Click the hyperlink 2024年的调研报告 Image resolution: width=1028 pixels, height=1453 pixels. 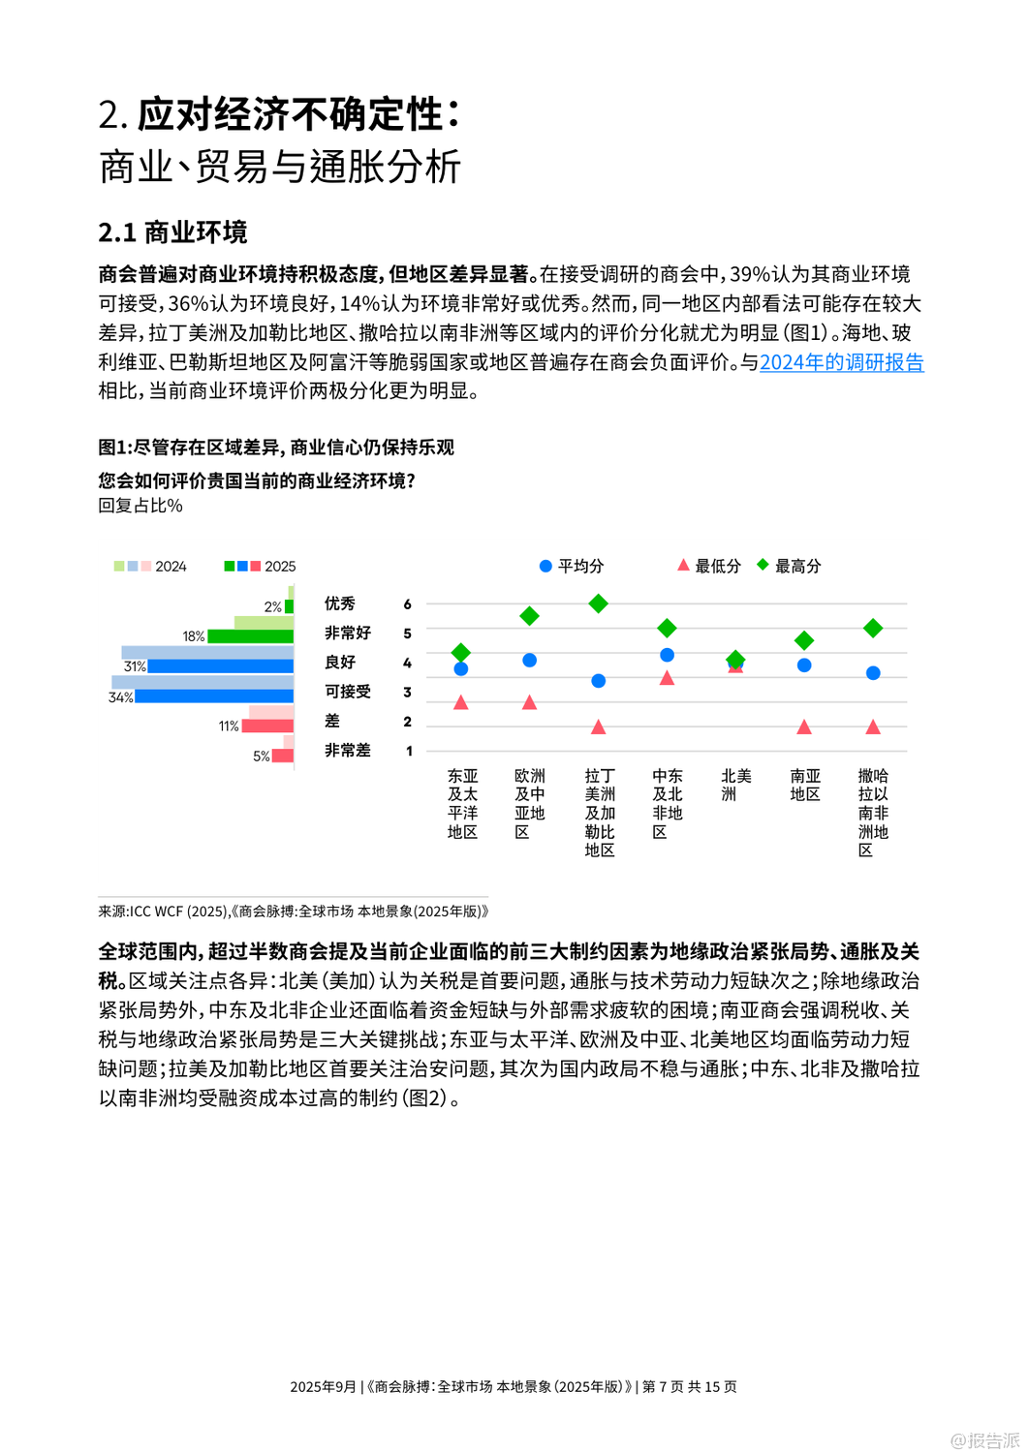[841, 362]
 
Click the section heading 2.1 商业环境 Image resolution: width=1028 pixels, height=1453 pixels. [172, 232]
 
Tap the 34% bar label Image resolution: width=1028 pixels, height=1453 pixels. [120, 697]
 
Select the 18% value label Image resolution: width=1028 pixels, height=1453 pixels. [194, 636]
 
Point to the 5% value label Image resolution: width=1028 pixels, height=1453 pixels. [262, 757]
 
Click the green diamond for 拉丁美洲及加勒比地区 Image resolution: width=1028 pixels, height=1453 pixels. [599, 603]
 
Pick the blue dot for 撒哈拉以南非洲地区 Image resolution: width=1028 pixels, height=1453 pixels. [873, 673]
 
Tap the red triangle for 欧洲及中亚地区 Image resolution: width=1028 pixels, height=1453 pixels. [529, 702]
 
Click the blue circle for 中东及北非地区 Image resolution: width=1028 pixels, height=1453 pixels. [667, 655]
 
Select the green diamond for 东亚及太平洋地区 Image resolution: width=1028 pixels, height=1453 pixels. [461, 653]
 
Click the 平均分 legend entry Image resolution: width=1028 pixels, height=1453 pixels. [572, 566]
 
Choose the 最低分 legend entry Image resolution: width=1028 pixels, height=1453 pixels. [709, 566]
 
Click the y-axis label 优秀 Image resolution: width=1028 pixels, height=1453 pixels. [340, 603]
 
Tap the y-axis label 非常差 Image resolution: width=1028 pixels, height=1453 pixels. [348, 750]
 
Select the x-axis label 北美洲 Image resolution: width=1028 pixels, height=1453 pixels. [736, 785]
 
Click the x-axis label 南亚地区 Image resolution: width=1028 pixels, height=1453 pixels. [805, 785]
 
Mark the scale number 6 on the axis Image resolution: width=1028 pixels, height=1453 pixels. [408, 604]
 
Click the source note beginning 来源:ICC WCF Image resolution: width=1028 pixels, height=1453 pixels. [294, 912]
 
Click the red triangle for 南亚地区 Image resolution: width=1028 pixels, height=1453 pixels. [804, 726]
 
